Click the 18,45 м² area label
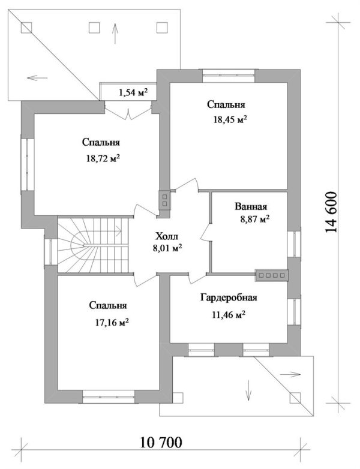[230, 120]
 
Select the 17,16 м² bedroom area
[108, 322]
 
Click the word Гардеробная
[229, 298]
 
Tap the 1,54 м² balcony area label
[133, 92]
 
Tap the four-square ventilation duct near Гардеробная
[272, 276]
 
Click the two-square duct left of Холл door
[164, 199]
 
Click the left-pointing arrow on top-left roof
[37, 77]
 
